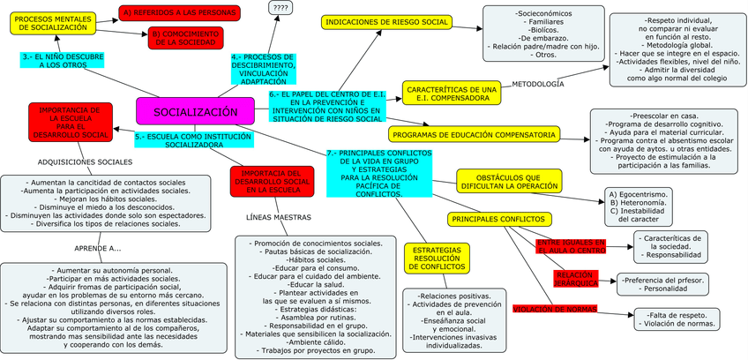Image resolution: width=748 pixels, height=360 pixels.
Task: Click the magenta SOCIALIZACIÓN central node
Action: coord(195,111)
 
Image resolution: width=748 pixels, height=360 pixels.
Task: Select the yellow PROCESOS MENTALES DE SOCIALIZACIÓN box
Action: coord(52,24)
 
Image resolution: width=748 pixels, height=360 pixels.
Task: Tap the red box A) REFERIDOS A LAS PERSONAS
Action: coord(180,12)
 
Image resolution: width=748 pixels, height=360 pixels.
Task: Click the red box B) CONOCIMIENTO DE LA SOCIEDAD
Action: coord(185,38)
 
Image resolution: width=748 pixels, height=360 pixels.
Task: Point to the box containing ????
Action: coord(281,8)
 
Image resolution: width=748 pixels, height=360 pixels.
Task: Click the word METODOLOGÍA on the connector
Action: coord(537,84)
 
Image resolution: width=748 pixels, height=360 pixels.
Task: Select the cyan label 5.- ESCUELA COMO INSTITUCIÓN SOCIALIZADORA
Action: coord(192,141)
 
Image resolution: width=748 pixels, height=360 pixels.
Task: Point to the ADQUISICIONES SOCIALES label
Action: coord(85,162)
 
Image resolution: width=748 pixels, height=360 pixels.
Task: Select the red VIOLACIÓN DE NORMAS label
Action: coord(554,309)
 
